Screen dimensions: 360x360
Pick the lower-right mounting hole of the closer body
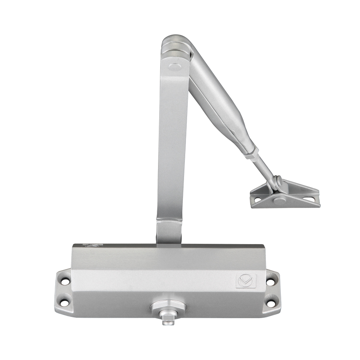pyautogui.click(x=270, y=303)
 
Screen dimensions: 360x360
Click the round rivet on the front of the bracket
pyautogui.click(x=279, y=200)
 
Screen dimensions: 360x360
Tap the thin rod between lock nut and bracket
pyautogui.click(x=266, y=171)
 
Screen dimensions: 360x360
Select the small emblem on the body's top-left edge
pyautogui.click(x=91, y=245)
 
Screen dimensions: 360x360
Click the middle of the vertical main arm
pyautogui.click(x=173, y=145)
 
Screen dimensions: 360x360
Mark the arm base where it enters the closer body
pyautogui.click(x=169, y=232)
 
